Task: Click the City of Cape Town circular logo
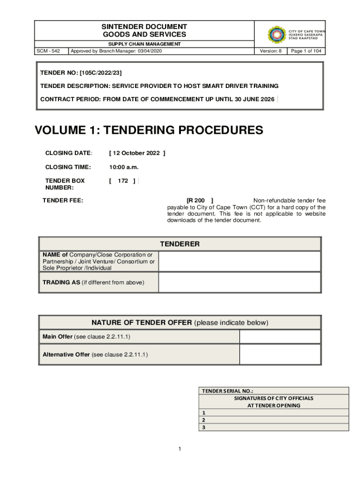[277, 35]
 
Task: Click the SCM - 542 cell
[51, 51]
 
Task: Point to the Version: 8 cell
[271, 51]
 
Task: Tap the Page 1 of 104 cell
[306, 51]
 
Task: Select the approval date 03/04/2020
[150, 51]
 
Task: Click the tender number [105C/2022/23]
[101, 73]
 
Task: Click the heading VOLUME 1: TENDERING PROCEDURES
[149, 130]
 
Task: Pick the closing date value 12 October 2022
[137, 153]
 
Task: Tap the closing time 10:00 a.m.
[124, 167]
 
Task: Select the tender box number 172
[123, 181]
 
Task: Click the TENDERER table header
[180, 244]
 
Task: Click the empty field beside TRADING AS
[239, 282]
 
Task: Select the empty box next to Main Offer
[280, 337]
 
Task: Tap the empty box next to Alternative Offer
[280, 355]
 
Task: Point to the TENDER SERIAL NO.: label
[227, 391]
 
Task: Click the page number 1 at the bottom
[180, 450]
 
